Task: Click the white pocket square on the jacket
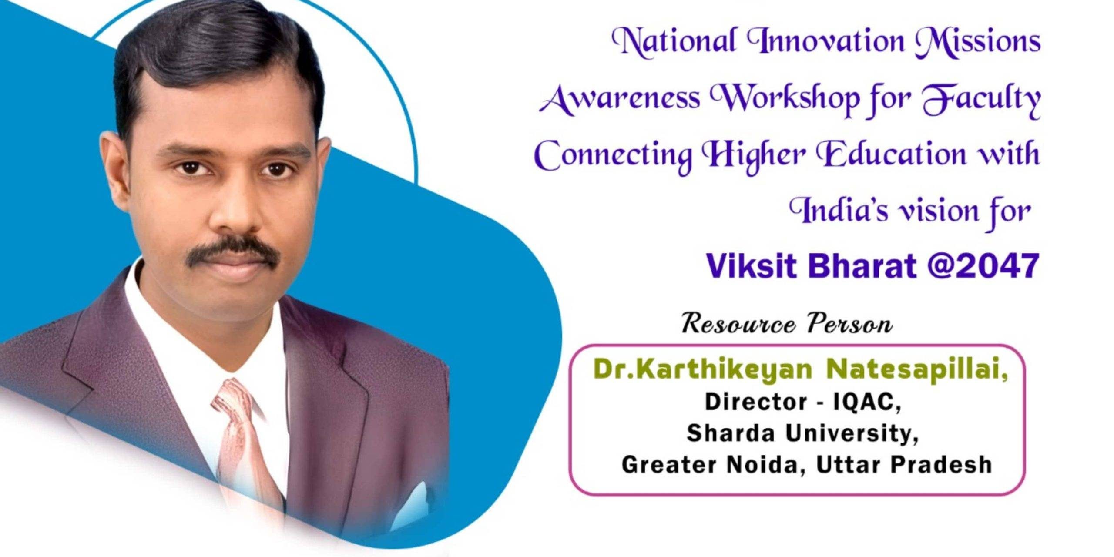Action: pos(411,500)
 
